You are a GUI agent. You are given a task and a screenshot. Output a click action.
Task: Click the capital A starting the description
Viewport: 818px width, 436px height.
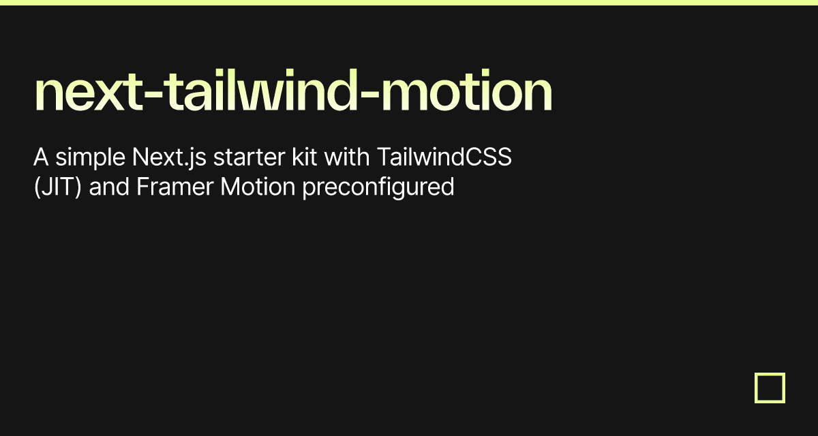point(41,157)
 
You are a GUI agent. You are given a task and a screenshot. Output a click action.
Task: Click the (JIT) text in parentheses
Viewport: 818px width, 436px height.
point(57,187)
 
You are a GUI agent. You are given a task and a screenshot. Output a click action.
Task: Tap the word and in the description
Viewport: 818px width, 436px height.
point(109,187)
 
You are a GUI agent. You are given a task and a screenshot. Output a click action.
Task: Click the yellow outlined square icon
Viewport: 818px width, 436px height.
point(770,388)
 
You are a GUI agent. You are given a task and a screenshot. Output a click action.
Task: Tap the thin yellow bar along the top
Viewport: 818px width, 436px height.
point(409,3)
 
